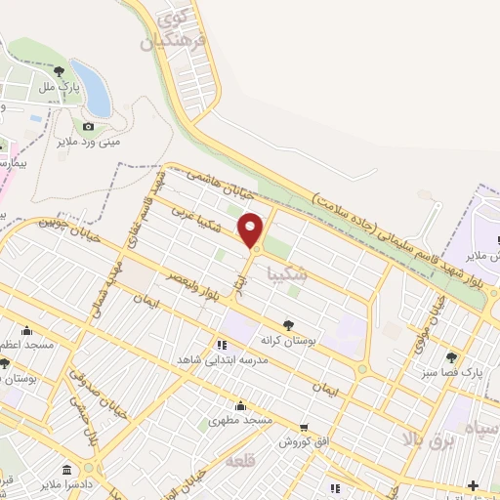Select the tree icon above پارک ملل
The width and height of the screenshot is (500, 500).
tap(61, 70)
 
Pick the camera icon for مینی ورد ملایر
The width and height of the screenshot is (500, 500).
tap(89, 126)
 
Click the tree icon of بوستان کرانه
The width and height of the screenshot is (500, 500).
tap(287, 324)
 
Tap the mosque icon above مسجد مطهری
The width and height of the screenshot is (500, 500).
tap(240, 405)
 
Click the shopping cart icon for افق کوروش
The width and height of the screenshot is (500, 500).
tap(305, 427)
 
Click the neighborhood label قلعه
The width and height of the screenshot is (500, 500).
tap(238, 459)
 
